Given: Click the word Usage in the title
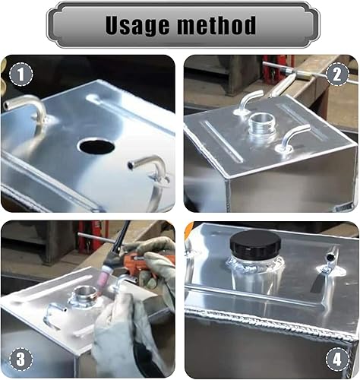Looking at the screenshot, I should pos(137,25).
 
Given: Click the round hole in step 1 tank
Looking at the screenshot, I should pos(96,145).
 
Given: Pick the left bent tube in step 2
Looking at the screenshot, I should pos(248,100).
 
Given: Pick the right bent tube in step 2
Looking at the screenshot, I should pos(292,138).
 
